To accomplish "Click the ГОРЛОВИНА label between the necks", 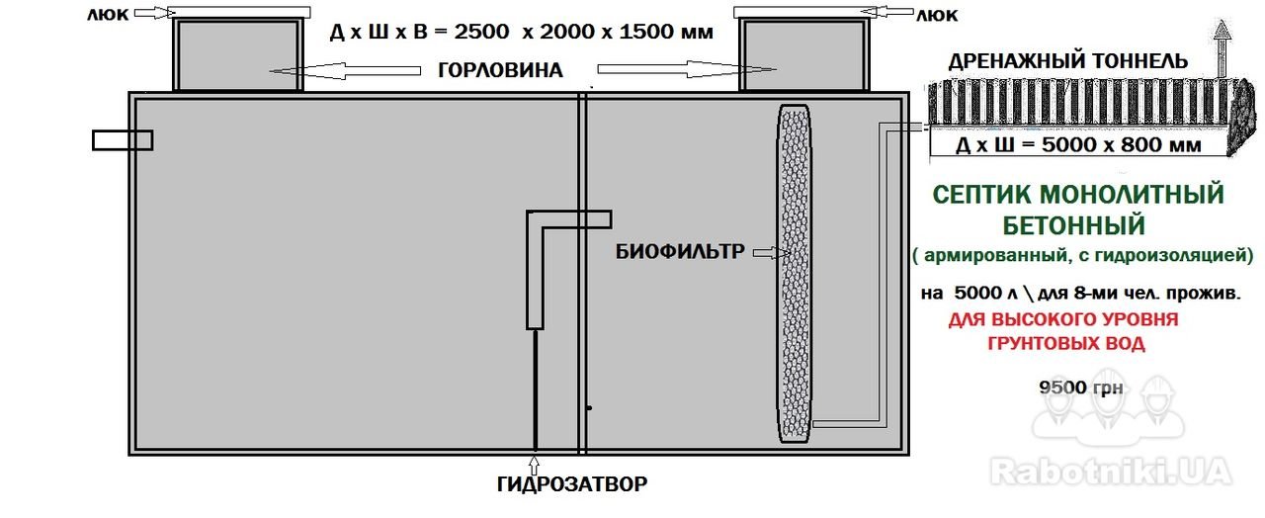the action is coord(500,70).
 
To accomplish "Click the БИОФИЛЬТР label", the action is coord(680,251).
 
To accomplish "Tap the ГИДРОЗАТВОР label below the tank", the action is coord(572,484).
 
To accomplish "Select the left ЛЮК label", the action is coord(108,15).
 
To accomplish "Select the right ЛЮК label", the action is coord(937,15).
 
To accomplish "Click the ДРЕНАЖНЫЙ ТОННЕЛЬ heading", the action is coord(1068,61).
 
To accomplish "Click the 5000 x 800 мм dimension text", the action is coord(1122,145).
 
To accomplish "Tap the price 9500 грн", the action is coord(1081,388).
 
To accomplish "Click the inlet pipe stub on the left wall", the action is coord(123,140).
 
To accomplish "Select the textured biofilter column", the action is coord(795,274).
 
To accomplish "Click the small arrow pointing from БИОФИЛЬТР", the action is coord(772,253).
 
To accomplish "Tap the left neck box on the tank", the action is coord(237,54).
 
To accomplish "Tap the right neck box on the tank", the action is coord(804,54).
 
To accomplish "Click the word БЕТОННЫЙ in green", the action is coord(1074,225).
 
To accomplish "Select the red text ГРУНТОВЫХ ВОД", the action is coord(1066,343).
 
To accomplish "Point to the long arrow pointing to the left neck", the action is coord(345,71).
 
